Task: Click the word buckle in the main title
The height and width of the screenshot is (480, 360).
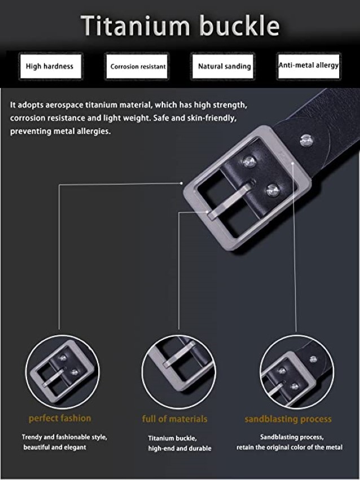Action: click(x=240, y=25)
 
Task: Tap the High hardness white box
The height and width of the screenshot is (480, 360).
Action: click(x=50, y=66)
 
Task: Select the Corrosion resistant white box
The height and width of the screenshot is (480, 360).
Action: click(x=137, y=66)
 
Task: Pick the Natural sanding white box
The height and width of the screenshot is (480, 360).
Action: click(x=223, y=66)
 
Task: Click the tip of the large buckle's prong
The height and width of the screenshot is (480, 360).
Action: click(x=212, y=216)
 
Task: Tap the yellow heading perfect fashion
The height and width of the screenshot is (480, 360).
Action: click(x=60, y=418)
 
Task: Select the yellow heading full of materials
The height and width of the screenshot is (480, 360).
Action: click(x=175, y=419)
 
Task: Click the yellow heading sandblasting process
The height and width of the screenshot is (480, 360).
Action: click(x=288, y=419)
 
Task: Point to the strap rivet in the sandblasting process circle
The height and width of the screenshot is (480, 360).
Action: click(x=313, y=359)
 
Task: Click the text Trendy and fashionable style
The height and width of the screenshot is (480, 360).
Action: click(x=64, y=437)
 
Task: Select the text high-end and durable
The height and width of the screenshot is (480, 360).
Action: click(x=180, y=448)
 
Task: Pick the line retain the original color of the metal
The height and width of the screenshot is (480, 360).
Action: click(x=289, y=447)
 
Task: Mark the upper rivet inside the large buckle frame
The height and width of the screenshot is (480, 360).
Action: click(x=249, y=162)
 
